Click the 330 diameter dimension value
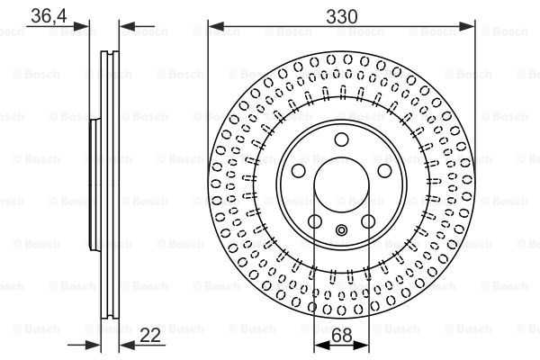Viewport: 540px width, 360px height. click(341, 15)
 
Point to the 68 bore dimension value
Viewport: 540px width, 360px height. click(341, 335)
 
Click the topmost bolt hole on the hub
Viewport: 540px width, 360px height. click(341, 139)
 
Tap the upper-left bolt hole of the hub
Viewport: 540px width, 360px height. click(299, 170)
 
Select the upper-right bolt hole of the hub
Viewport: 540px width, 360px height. click(384, 170)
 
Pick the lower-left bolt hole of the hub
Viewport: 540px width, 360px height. click(315, 221)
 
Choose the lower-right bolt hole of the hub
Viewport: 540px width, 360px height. click(368, 221)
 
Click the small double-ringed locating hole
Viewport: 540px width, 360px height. click(341, 229)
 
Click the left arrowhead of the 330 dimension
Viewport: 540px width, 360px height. click(214, 27)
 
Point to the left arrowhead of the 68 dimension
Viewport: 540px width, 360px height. click(318, 346)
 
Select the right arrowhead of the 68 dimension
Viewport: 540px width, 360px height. click(364, 346)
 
